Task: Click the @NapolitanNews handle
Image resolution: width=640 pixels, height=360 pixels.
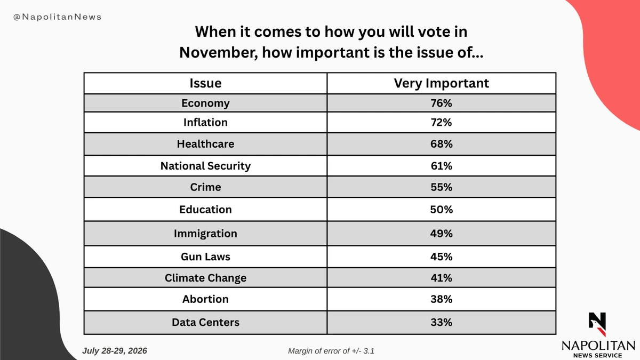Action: click(58, 17)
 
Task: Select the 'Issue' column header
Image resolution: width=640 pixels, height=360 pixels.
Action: click(205, 83)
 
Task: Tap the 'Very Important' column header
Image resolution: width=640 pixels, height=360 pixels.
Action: click(441, 83)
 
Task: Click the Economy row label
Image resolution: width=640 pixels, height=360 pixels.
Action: click(205, 103)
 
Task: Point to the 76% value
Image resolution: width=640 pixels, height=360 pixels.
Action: click(441, 103)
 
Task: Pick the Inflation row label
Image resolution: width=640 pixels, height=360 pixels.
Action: click(205, 122)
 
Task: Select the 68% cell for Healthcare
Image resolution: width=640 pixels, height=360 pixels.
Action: click(441, 143)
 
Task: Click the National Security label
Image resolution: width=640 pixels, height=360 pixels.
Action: click(205, 166)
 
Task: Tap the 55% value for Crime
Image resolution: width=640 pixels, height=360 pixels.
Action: click(441, 187)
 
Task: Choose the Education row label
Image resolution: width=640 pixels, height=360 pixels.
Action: click(205, 210)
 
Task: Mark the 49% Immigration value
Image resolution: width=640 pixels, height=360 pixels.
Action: click(441, 234)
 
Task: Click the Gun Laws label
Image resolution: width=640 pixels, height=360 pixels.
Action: click(205, 257)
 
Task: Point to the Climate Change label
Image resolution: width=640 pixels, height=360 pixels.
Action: click(205, 278)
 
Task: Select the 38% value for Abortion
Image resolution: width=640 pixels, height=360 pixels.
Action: click(441, 299)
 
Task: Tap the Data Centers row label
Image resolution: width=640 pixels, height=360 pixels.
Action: click(205, 322)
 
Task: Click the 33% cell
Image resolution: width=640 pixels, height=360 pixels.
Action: click(441, 322)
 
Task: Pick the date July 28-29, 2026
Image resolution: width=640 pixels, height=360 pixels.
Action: click(115, 351)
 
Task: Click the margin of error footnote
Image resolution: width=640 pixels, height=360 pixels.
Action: click(331, 351)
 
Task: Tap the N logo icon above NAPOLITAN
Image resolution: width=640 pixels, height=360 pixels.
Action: click(597, 324)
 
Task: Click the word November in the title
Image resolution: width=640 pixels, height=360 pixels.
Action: click(219, 53)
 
